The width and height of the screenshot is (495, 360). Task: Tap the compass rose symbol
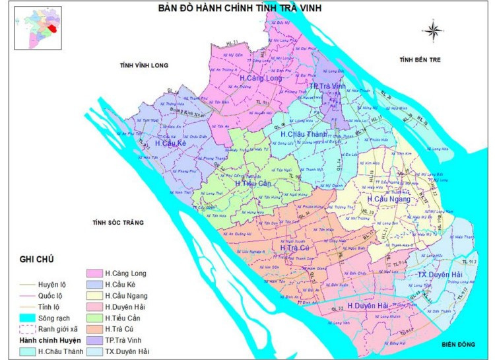click(434, 30)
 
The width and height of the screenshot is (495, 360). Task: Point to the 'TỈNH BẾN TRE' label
click(418, 61)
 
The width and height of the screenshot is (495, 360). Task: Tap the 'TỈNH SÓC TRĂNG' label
click(118, 223)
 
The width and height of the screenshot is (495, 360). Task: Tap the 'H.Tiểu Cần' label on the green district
click(253, 183)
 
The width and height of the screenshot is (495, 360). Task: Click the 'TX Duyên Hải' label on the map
click(441, 274)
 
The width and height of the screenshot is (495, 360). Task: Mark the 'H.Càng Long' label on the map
click(263, 79)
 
